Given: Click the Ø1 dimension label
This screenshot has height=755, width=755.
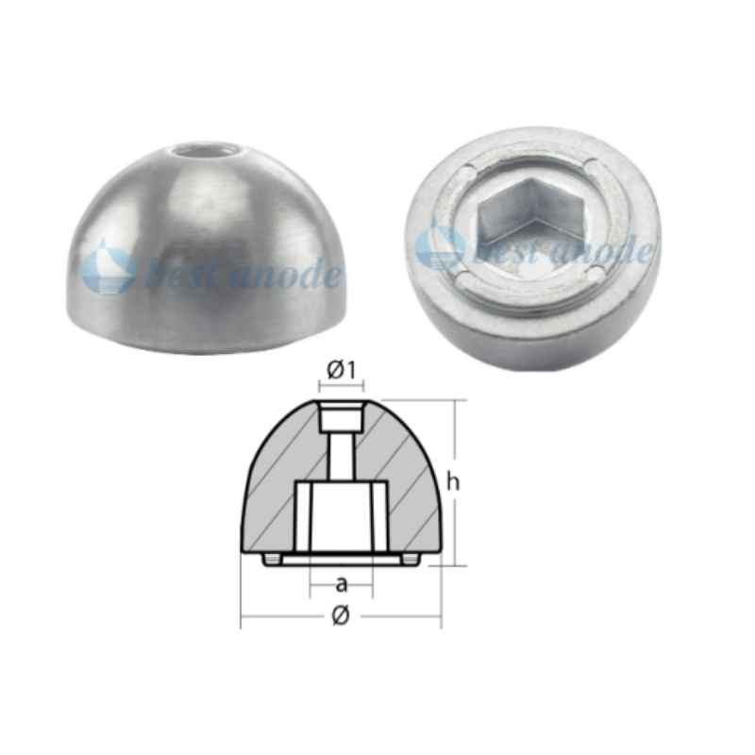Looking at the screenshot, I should coord(341,372).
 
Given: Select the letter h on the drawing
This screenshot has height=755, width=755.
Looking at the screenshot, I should coord(454,481).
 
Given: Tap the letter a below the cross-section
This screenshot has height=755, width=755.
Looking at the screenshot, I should coord(341,583).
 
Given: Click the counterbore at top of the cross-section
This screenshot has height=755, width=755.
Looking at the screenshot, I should coord(341,415).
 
